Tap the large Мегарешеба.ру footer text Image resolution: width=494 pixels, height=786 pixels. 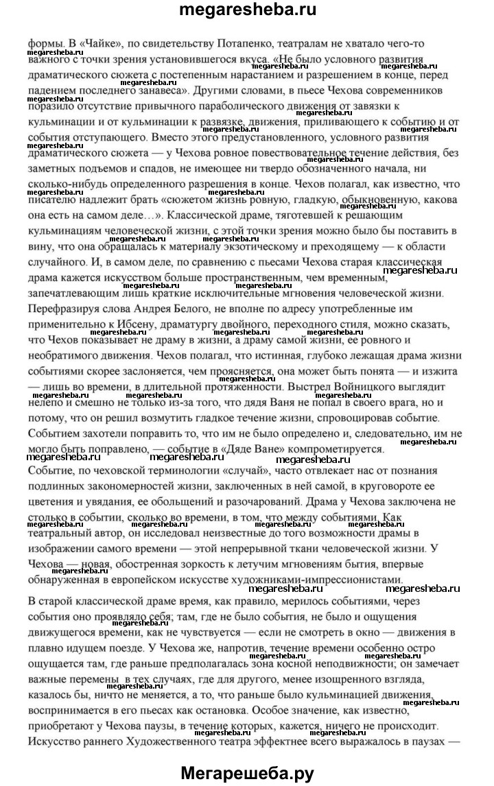tap(247, 773)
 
